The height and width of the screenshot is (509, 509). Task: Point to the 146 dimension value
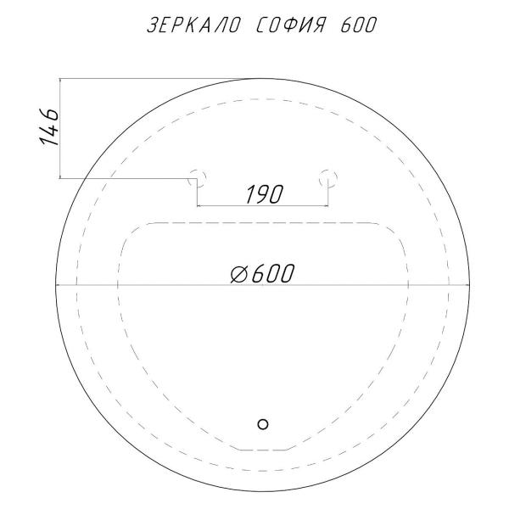49,128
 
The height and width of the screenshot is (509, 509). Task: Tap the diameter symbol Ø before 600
239,273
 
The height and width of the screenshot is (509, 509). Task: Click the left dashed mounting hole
198,177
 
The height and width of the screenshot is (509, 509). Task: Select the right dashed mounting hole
328,177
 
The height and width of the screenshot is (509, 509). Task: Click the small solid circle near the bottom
262,423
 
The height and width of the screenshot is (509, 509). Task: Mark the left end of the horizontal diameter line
56,284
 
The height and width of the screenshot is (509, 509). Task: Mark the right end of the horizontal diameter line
470,284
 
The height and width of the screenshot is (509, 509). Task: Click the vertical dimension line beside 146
59,128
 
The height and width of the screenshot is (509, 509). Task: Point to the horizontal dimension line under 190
263,205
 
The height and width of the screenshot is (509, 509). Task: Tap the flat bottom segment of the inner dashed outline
263,449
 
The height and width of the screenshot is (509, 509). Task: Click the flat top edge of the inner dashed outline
263,222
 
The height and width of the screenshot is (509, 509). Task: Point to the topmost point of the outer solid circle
263,78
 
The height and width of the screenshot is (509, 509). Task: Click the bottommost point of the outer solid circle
263,491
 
